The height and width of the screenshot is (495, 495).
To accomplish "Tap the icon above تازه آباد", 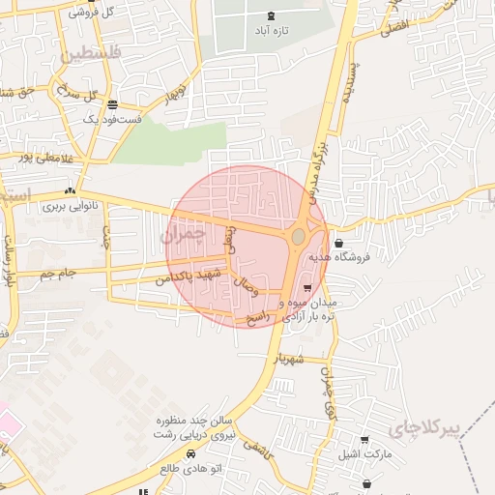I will [270, 15].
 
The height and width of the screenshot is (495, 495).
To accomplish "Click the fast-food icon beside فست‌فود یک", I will [114, 104].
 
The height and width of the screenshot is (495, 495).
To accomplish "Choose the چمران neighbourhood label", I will [181, 235].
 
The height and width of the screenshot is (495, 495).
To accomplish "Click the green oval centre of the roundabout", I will [299, 236].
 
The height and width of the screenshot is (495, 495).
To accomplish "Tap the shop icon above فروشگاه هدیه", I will [336, 243].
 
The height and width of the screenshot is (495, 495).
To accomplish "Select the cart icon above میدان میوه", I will [307, 288].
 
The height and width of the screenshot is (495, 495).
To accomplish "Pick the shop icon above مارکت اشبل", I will [364, 440].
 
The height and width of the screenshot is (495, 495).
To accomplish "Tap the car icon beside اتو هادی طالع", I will [191, 453].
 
